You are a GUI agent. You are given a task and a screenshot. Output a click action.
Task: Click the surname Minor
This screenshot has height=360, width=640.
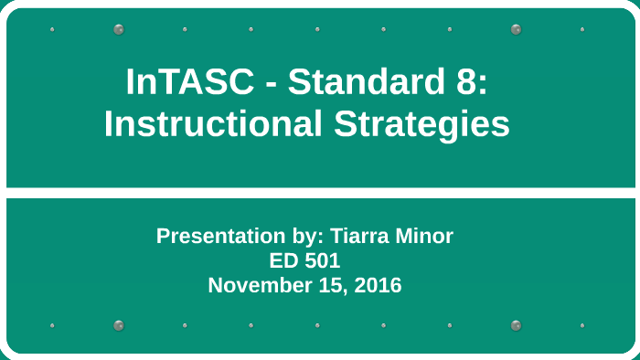[x=423, y=236]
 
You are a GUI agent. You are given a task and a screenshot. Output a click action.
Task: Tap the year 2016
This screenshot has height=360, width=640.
[x=378, y=285]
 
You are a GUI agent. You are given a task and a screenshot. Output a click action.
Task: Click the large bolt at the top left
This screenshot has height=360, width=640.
[x=119, y=29]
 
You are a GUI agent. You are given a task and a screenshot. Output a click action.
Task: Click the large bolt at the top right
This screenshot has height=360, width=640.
[x=517, y=29]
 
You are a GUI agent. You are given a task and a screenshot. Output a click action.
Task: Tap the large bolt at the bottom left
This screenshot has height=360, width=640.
[x=119, y=325]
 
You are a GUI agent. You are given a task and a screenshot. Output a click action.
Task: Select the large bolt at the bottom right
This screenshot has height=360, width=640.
[x=517, y=325]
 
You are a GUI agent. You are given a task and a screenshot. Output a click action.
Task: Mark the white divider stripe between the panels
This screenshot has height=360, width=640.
[x=320, y=193]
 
